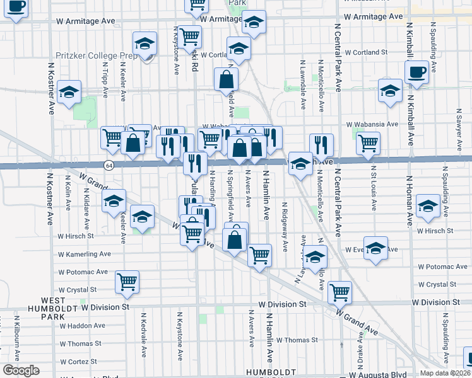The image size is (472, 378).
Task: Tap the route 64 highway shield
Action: [x=109, y=165]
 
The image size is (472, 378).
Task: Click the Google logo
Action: [x=21, y=370]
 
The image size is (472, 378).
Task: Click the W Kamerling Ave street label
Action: [x=85, y=254]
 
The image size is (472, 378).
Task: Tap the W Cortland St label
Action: [x=365, y=52]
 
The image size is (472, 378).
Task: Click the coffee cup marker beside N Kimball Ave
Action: [x=417, y=74]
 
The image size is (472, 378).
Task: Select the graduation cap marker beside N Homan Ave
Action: [x=428, y=207]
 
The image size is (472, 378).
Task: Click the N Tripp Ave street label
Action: [x=104, y=80]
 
